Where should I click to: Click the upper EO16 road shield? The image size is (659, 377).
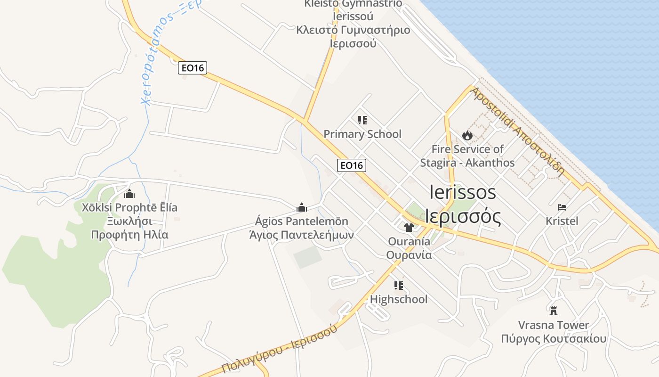193,68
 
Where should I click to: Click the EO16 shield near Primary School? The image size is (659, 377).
352,165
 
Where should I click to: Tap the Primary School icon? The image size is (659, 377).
362,120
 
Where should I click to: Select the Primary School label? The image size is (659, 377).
362,134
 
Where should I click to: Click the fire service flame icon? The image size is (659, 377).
467,136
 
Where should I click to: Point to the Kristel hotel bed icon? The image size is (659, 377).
562,207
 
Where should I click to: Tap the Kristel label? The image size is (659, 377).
562,221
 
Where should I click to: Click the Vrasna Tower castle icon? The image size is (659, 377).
554,311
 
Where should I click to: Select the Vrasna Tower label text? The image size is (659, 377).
554,325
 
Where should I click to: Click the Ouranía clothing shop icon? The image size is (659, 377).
409,228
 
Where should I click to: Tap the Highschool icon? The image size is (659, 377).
399,285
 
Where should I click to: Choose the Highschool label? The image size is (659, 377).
399,299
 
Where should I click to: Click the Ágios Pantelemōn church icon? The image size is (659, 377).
302,207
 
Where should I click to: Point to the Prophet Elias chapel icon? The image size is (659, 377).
129,194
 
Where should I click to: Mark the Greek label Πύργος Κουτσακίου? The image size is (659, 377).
554,339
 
